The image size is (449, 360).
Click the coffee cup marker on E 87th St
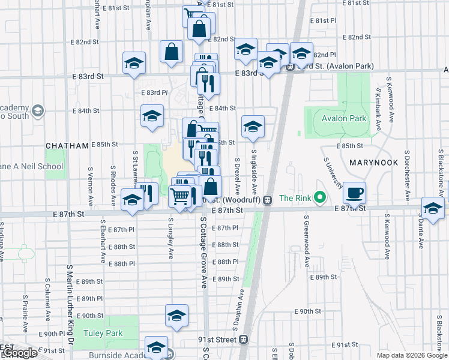click(x=355, y=192)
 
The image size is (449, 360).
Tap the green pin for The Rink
click(x=320, y=198)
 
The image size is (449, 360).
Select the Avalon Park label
click(x=343, y=119)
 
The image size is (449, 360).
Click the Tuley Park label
click(x=103, y=334)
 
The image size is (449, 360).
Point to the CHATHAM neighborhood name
click(x=67, y=146)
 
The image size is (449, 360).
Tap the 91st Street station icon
click(x=243, y=340)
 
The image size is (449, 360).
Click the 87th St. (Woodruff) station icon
click(x=268, y=199)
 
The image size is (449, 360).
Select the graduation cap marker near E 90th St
click(x=177, y=316)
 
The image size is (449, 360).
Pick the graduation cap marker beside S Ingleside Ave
click(x=253, y=126)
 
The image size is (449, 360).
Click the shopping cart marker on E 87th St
click(x=179, y=196)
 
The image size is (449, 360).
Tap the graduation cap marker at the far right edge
click(x=432, y=208)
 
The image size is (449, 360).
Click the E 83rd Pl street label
click(x=154, y=93)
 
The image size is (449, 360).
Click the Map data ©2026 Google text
click(x=411, y=355)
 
